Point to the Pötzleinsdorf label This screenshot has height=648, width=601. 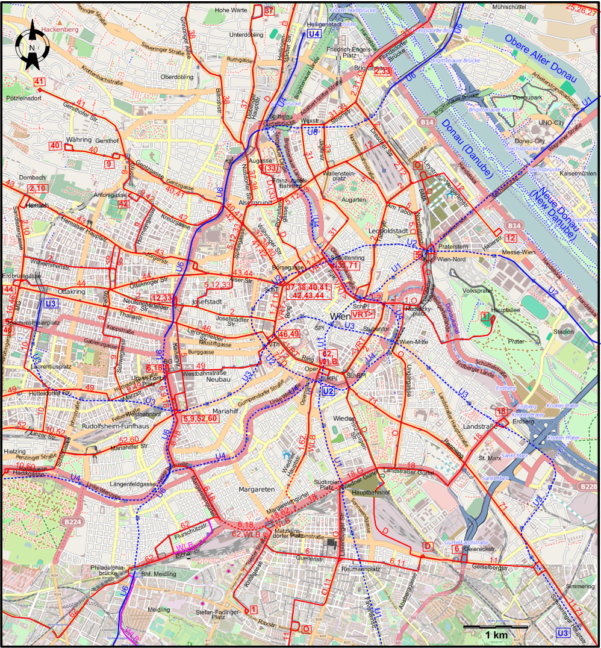click(x=23, y=98)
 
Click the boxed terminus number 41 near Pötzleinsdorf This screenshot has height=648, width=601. click(x=40, y=82)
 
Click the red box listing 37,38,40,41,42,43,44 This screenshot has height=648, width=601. click(x=308, y=291)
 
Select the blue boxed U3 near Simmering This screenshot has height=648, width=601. click(x=562, y=633)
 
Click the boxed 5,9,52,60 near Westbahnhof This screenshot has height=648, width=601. click(x=199, y=418)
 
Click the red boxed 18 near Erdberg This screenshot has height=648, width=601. click(x=501, y=411)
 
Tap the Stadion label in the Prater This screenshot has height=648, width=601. click(x=567, y=331)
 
